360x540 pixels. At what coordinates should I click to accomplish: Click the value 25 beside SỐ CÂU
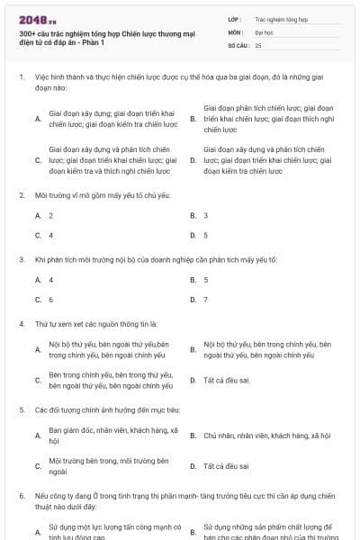pos(258,44)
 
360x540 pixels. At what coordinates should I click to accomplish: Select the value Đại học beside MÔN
pos(263,31)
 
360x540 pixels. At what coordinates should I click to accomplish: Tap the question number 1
pos(21,76)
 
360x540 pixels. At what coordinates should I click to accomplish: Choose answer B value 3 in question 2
pos(205,215)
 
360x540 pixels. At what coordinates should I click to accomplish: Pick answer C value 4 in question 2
pos(50,235)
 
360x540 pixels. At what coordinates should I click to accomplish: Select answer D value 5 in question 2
pos(205,235)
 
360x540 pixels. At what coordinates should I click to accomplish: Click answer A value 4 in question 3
pos(50,279)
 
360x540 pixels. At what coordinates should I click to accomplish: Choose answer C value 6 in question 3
pos(50,299)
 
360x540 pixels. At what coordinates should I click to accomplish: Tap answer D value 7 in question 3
pos(205,299)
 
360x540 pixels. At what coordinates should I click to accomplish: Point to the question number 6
pos(21,495)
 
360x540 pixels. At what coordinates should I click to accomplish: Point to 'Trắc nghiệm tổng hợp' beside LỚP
pos(281,18)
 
